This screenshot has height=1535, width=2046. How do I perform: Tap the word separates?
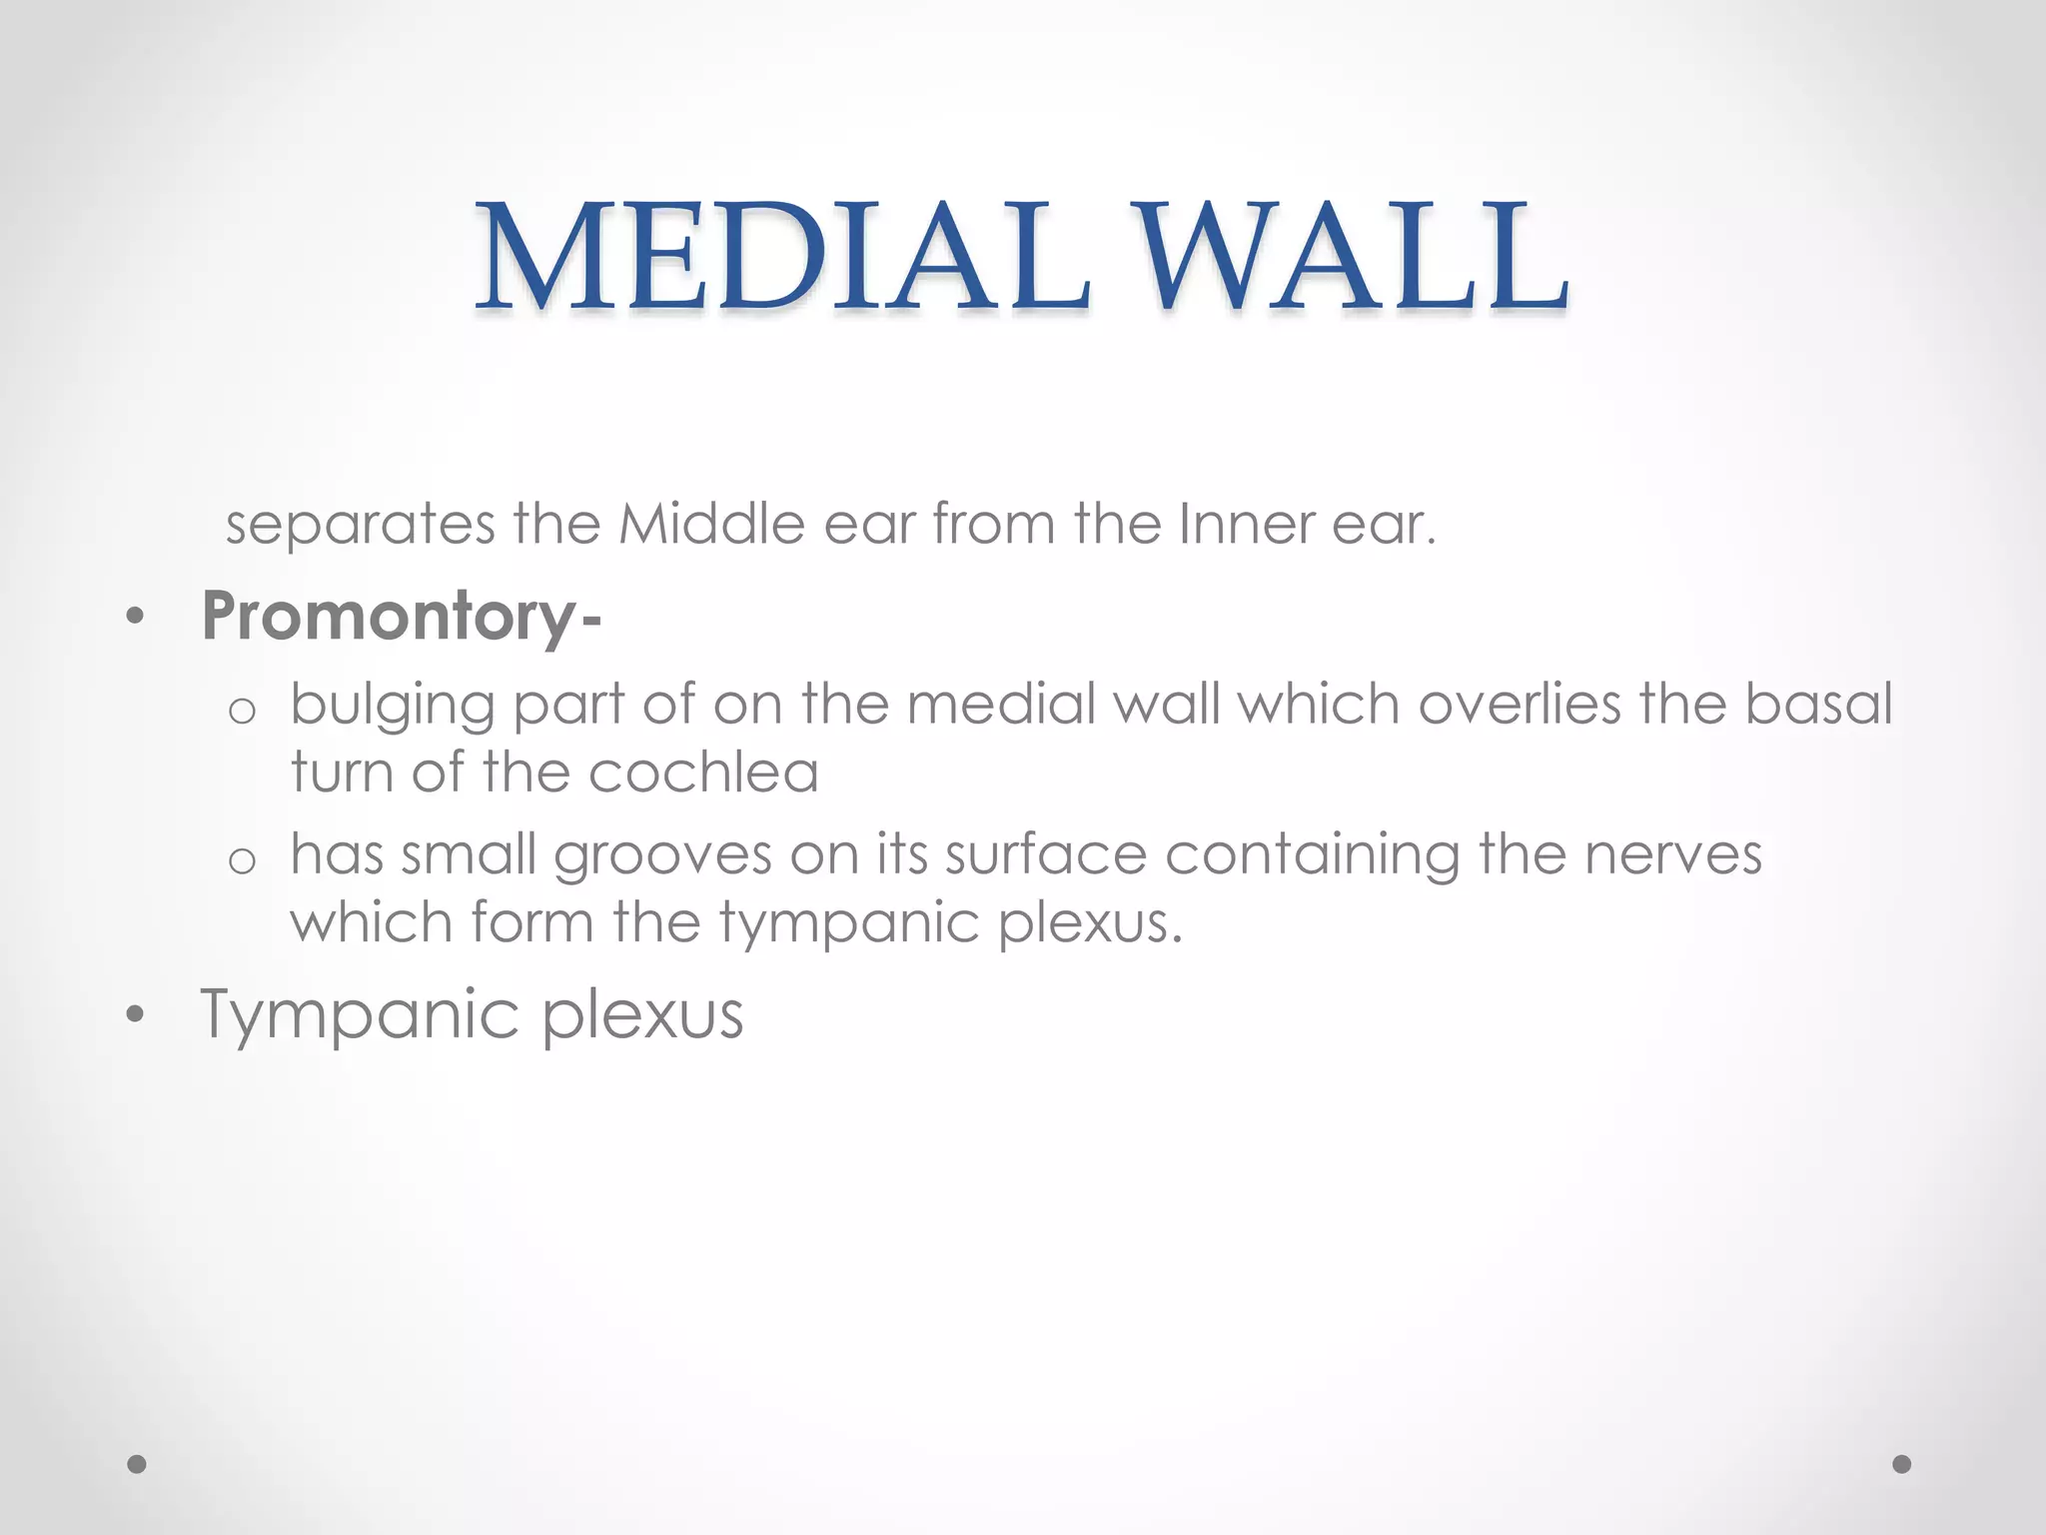pyautogui.click(x=360, y=525)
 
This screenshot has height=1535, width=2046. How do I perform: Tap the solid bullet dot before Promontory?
pyautogui.click(x=136, y=618)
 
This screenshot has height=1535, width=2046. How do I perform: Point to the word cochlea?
pyautogui.click(x=703, y=772)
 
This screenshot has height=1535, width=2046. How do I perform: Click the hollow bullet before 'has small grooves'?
pyautogui.click(x=242, y=860)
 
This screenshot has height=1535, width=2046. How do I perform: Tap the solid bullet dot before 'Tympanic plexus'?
pyautogui.click(x=136, y=1015)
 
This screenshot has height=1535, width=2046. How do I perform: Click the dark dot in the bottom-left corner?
pyautogui.click(x=137, y=1464)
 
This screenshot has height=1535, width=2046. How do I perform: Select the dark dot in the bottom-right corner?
pyautogui.click(x=1902, y=1464)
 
